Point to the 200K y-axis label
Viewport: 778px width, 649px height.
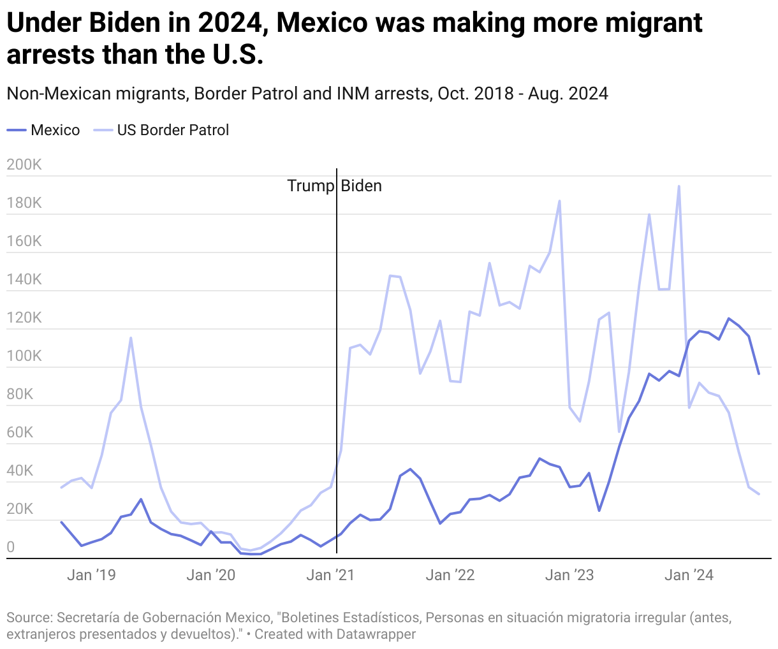(x=24, y=165)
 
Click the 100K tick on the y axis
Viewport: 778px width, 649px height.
(x=24, y=356)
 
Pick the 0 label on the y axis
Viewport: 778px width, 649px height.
(x=10, y=547)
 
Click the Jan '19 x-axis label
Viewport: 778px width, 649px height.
(x=91, y=575)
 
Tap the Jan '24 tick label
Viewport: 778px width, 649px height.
(x=689, y=575)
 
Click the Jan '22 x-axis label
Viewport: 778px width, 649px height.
(x=450, y=575)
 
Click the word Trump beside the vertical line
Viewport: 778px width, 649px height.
(x=310, y=186)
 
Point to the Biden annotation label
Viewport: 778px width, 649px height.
(x=361, y=186)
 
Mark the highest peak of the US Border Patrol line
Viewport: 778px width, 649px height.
(x=679, y=186)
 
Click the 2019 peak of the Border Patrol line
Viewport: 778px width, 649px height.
(x=131, y=338)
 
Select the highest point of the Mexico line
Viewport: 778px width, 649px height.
(x=729, y=318)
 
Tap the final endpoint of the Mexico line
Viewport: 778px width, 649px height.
(x=759, y=374)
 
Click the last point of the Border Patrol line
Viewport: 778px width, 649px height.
(x=759, y=494)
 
